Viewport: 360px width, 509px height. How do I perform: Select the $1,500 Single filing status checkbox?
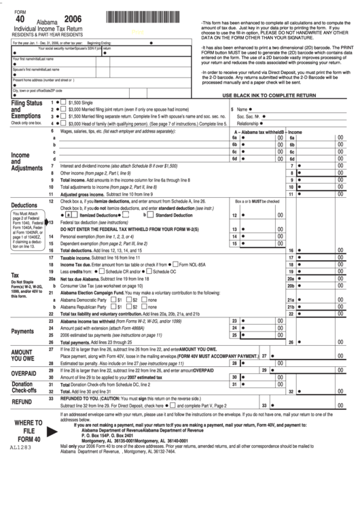[x=63, y=102]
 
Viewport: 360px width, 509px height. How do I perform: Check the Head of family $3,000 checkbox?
[x=63, y=124]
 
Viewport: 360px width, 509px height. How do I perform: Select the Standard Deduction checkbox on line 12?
[x=151, y=215]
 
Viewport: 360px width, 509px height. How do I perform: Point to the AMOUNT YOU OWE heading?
[x=26, y=357]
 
